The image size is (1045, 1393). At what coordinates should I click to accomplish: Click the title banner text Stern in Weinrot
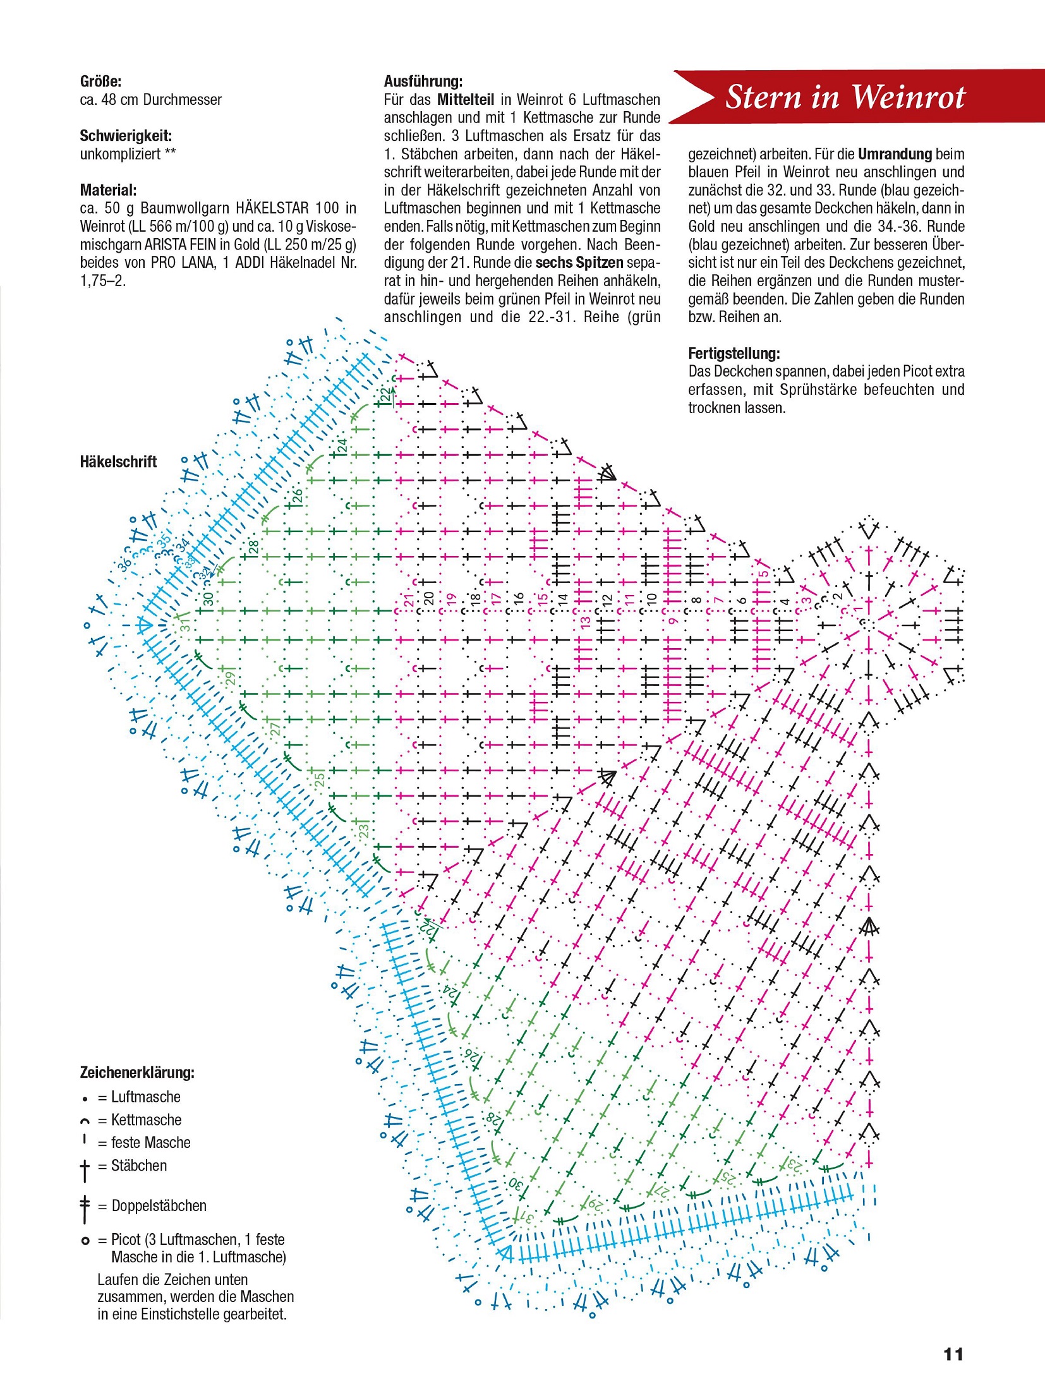[845, 97]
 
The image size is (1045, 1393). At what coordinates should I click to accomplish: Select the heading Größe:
[100, 81]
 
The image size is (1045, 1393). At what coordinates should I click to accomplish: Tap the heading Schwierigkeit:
[126, 136]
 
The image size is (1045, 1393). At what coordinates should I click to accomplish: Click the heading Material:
[108, 190]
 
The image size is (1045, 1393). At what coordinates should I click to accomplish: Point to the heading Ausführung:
[423, 81]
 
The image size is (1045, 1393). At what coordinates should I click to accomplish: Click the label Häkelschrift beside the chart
[118, 462]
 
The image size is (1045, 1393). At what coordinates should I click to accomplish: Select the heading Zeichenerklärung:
[137, 1072]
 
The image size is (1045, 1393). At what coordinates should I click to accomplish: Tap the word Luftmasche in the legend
[146, 1097]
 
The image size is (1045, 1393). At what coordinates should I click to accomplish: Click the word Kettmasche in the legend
[146, 1120]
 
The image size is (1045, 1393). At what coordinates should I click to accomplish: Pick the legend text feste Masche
[150, 1143]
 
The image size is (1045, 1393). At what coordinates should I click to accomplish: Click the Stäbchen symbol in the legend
[85, 1170]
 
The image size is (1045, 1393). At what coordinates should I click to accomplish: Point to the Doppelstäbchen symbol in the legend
[85, 1209]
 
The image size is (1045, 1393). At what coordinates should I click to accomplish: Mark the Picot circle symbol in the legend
[85, 1241]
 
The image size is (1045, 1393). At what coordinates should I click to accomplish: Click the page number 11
[953, 1354]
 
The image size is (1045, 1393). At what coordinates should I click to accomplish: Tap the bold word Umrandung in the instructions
[895, 154]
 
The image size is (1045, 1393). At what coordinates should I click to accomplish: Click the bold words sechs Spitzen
[579, 263]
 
